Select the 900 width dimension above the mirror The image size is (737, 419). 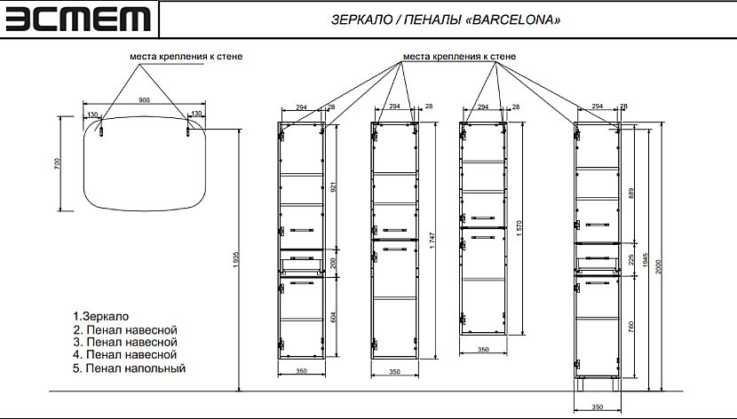[145, 100]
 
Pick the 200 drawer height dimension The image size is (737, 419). [334, 262]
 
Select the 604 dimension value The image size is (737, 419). [334, 317]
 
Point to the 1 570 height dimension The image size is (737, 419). [521, 227]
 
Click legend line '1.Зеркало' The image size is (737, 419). [102, 316]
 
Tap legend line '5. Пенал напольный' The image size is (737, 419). [130, 368]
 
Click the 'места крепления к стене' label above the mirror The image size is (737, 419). [186, 56]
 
